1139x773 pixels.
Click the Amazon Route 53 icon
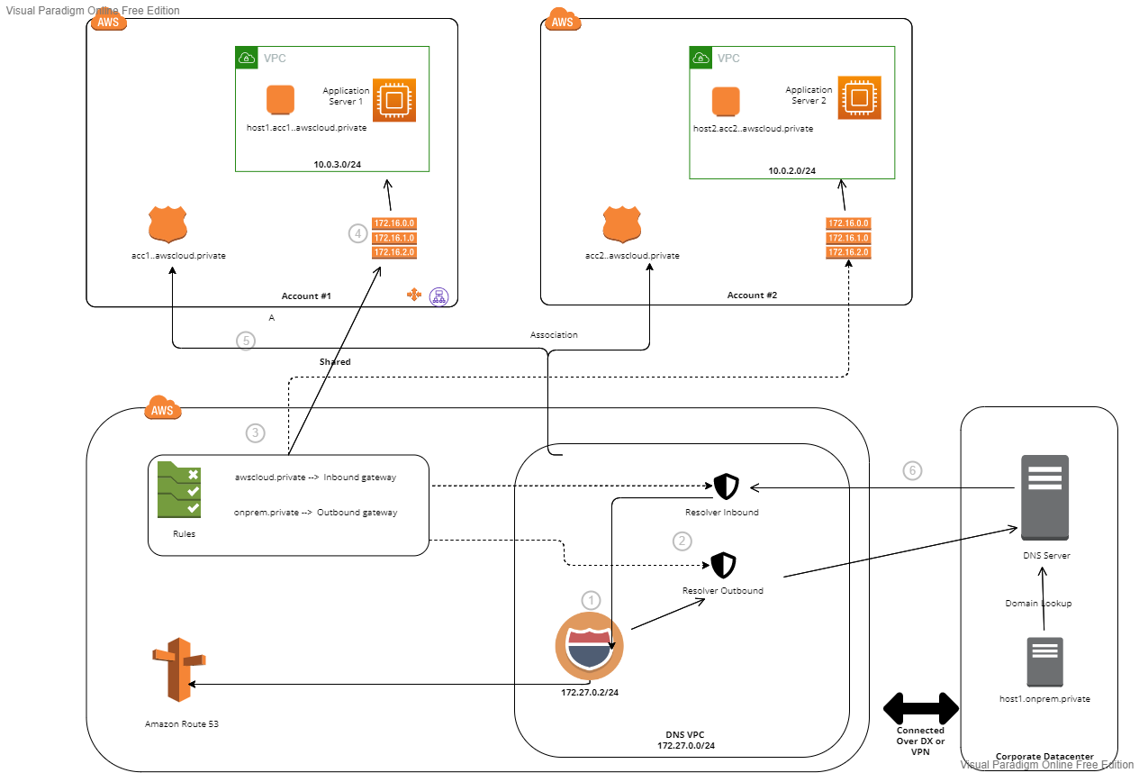[x=178, y=670]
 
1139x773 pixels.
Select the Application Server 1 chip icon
[x=393, y=99]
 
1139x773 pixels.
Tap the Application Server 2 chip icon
[x=859, y=97]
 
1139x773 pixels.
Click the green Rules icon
[x=178, y=489]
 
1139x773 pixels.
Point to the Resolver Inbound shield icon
[x=726, y=487]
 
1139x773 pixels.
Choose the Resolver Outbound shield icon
[x=723, y=566]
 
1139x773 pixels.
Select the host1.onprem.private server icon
[x=1044, y=662]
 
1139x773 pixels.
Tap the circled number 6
[x=913, y=469]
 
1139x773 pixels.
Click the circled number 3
[x=256, y=432]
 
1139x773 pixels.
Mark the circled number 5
[x=245, y=341]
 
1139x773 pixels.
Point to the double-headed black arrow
[x=921, y=708]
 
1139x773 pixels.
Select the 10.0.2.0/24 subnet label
[x=792, y=170]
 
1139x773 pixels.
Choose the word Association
[x=554, y=334]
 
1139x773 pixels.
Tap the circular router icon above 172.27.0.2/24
[x=589, y=647]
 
